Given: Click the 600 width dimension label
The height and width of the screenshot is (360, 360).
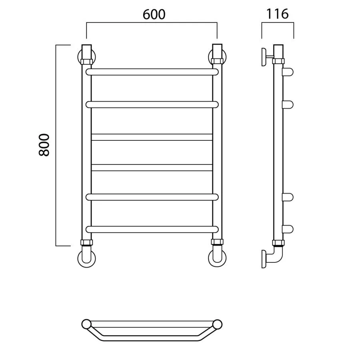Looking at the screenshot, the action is tap(154, 14).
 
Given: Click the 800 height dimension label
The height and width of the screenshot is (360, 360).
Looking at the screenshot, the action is tap(44, 145).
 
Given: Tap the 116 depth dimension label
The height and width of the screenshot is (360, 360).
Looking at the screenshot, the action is tap(277, 14).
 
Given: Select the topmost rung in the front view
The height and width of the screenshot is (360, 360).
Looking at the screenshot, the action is tap(152, 72).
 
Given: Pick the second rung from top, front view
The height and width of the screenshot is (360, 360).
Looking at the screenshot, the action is tap(152, 104).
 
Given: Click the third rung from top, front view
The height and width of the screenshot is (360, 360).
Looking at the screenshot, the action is tap(152, 137).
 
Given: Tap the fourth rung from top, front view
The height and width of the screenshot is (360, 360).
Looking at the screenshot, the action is tap(152, 168).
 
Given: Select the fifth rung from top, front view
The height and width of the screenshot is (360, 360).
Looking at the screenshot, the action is tap(152, 197).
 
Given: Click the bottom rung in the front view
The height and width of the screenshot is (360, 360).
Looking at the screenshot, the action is tap(152, 229).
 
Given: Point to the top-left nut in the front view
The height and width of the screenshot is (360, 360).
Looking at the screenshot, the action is tap(86, 62).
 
